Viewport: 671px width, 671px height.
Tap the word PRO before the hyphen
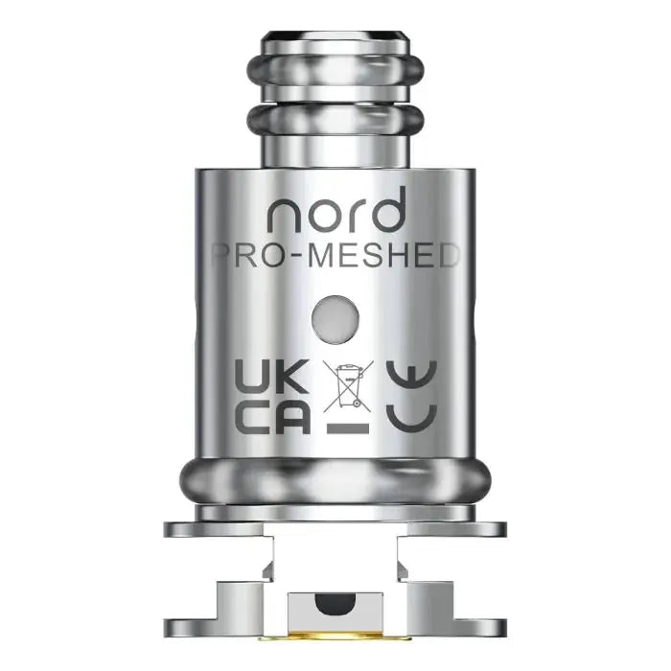246,256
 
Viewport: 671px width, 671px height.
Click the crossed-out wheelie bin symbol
346,382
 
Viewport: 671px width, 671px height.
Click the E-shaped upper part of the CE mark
410,376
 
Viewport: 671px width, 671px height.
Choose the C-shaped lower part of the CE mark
410,418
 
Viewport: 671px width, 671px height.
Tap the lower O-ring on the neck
335,123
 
